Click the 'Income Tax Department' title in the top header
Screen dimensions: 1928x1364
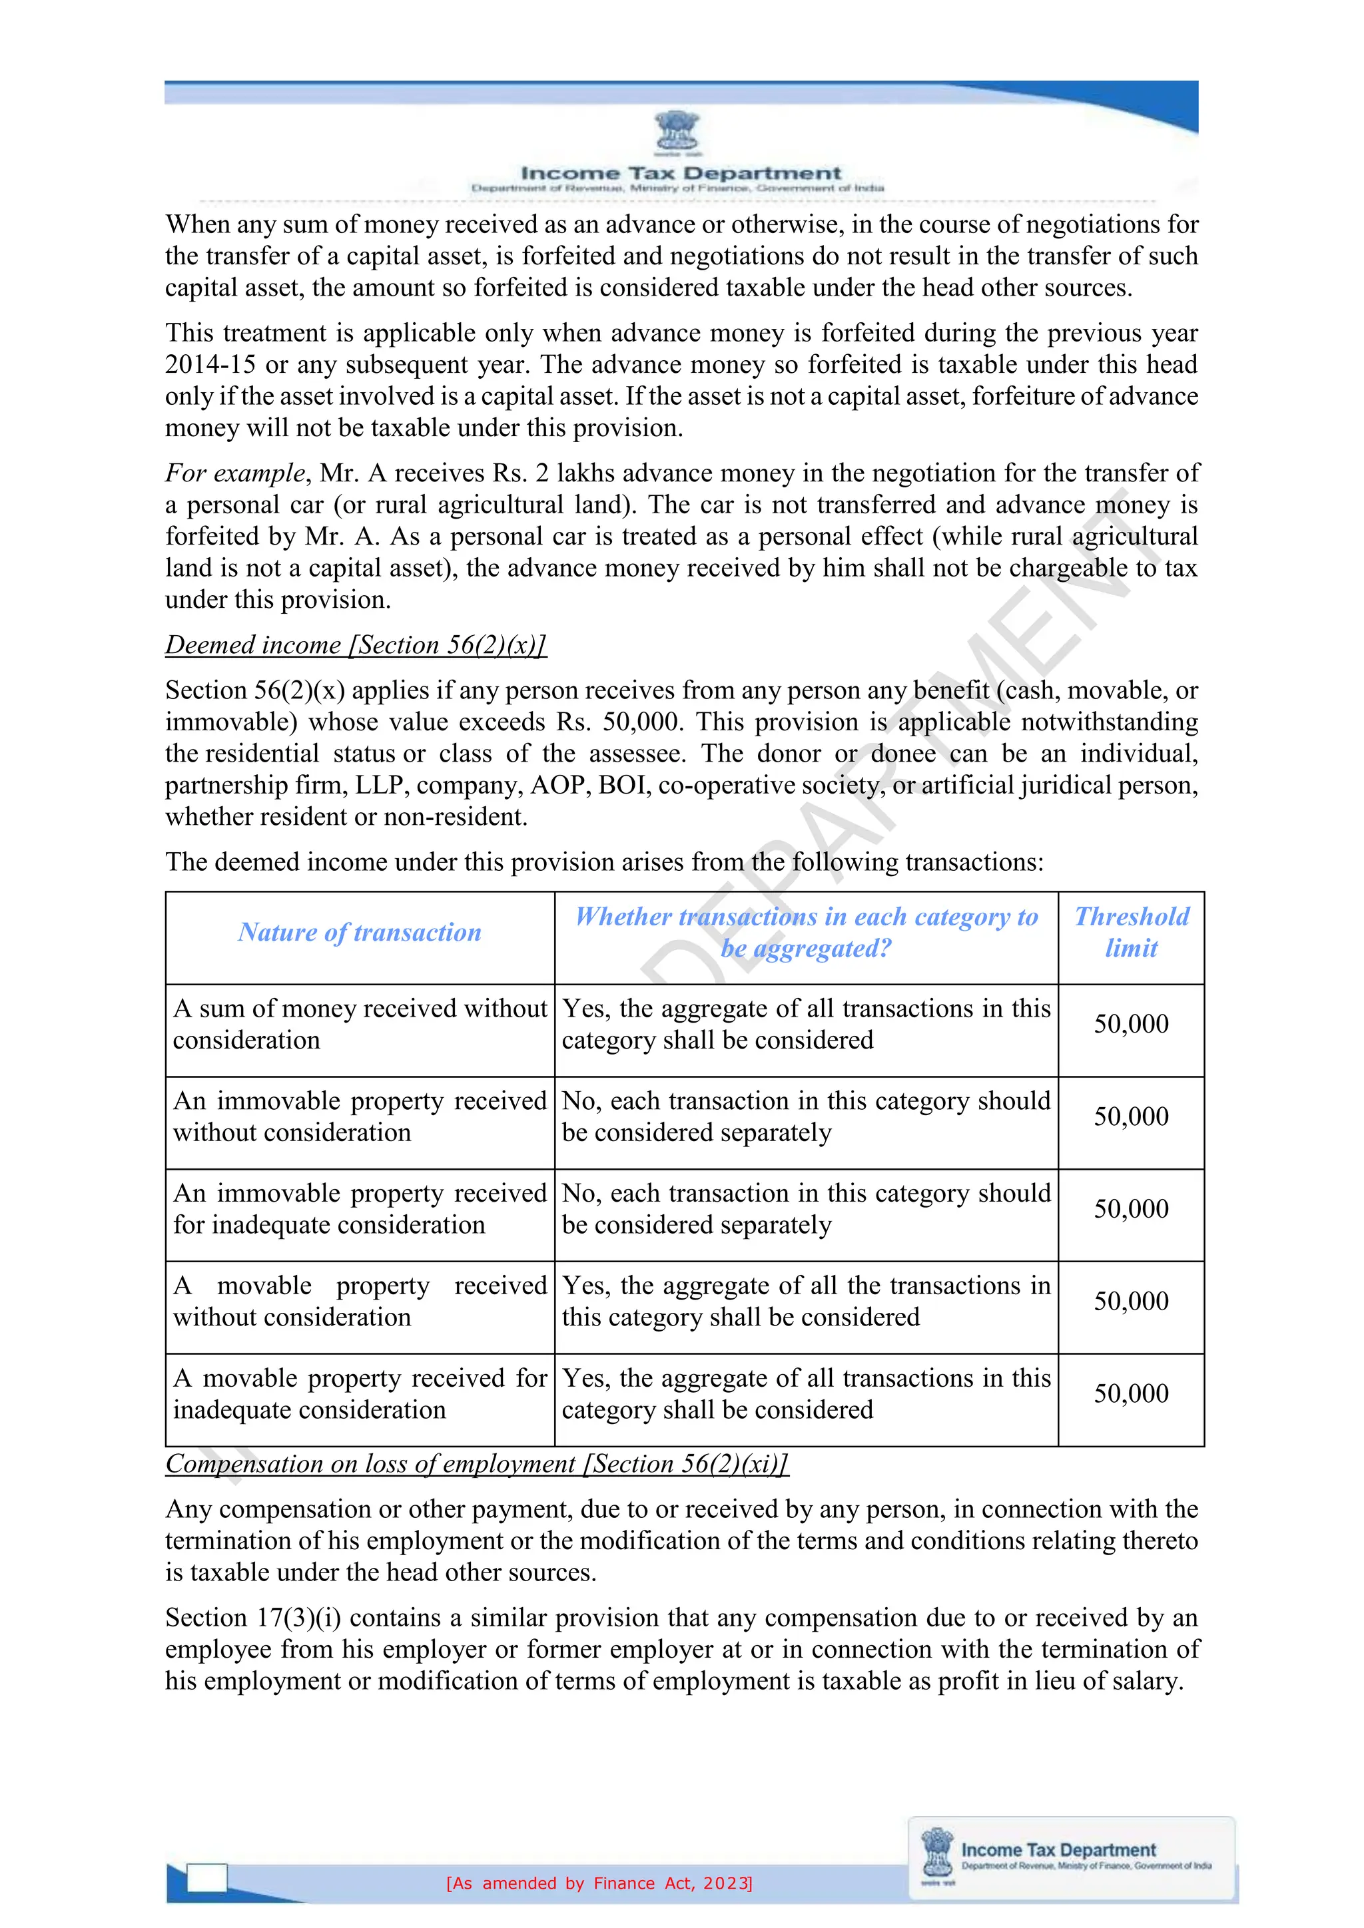(x=680, y=173)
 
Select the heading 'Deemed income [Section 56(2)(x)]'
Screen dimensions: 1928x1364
(x=355, y=645)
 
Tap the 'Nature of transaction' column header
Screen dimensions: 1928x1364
(x=360, y=932)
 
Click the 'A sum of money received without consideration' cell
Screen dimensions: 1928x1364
(x=360, y=1025)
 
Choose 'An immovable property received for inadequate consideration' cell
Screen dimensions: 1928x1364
(x=360, y=1209)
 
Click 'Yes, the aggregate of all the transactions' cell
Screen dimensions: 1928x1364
(x=807, y=1302)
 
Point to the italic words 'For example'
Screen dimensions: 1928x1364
(x=234, y=473)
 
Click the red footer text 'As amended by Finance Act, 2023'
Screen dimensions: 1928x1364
(x=599, y=1883)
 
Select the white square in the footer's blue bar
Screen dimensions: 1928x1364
(x=206, y=1879)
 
